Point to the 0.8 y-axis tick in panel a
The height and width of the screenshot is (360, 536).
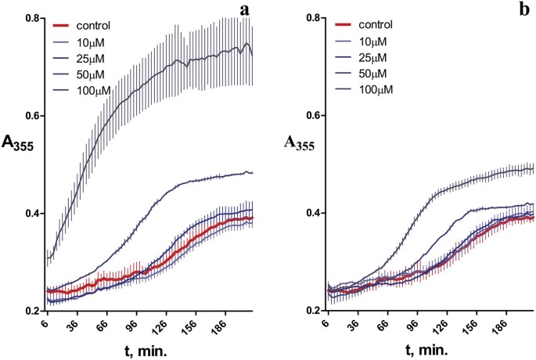click(31, 17)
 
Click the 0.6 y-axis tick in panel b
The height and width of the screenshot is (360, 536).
click(311, 115)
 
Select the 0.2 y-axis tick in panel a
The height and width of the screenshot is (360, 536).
click(31, 311)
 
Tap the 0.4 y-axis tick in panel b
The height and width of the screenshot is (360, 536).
click(311, 213)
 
